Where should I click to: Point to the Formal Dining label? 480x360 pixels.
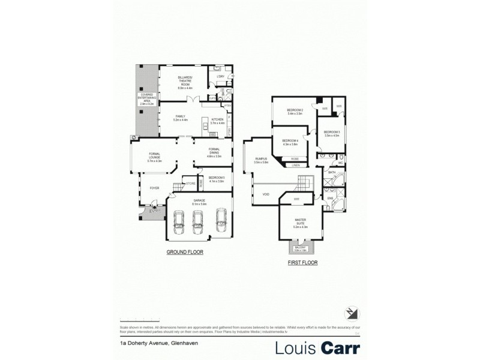[x=214, y=153]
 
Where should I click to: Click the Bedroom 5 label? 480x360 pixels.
[x=216, y=180]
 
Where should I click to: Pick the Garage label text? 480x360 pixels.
[x=199, y=202]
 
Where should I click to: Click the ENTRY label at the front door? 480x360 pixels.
[x=155, y=211]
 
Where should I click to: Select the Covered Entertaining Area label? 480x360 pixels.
[x=147, y=100]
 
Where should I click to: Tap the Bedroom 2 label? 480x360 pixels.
[x=295, y=112]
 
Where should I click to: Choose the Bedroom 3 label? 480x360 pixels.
[x=331, y=134]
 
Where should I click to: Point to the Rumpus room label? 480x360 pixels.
[x=260, y=160]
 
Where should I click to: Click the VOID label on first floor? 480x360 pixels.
[x=265, y=194]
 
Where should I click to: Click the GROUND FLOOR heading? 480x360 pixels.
[x=185, y=253]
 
